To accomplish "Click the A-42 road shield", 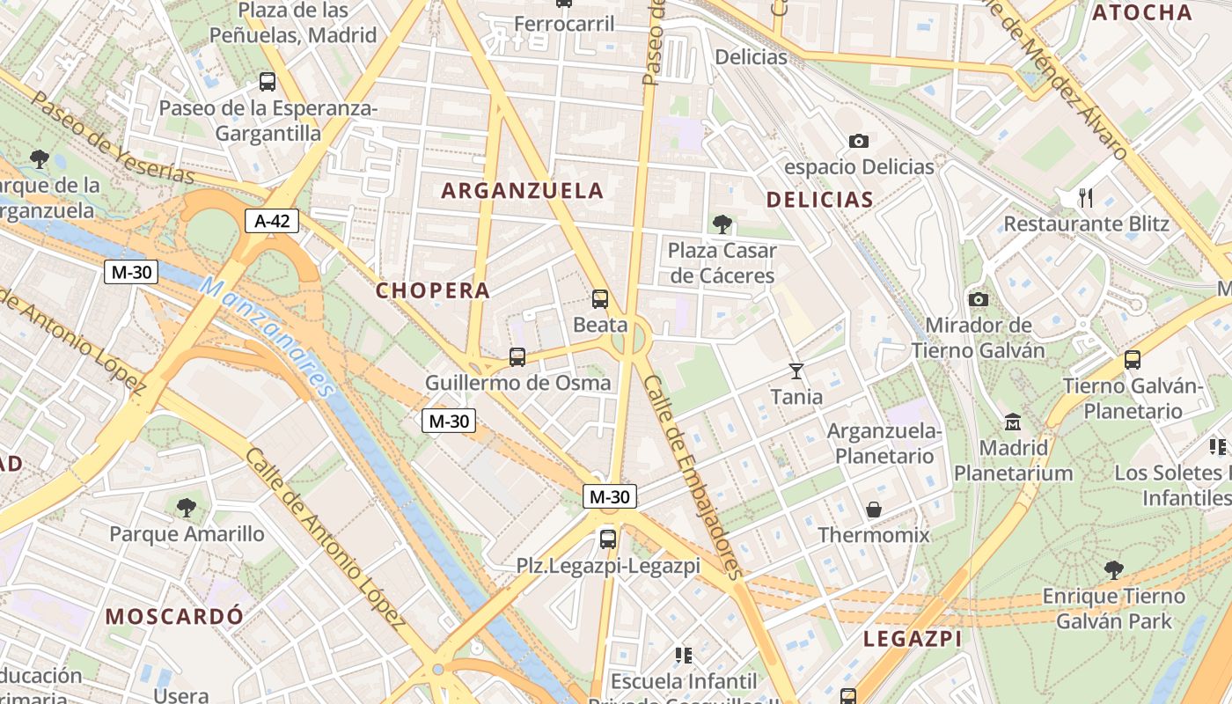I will tap(272, 221).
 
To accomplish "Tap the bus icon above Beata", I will tap(600, 299).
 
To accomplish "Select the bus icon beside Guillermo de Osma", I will tap(517, 357).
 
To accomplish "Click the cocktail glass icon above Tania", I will tap(796, 370).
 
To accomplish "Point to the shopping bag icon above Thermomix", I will tap(874, 510).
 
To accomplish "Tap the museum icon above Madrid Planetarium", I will tap(1013, 422).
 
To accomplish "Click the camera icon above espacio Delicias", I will tap(858, 141).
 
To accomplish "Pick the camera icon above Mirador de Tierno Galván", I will tap(978, 299).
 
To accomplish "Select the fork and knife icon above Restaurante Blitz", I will tap(1086, 198).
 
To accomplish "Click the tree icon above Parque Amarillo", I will tap(186, 507).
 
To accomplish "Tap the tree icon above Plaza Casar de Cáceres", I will tap(722, 224).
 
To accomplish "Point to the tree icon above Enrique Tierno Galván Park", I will tap(1113, 570).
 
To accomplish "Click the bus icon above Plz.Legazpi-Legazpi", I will tap(608, 539).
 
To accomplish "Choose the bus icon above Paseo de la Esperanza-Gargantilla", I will tap(268, 82).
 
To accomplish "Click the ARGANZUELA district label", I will tap(523, 190).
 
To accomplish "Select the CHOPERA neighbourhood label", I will tap(433, 290).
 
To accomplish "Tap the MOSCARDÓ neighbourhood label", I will tap(174, 616).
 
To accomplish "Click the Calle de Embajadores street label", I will tap(693, 476).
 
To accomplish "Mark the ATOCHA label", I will tap(1141, 12).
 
